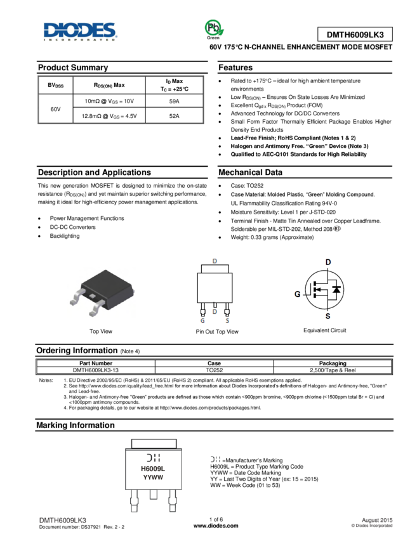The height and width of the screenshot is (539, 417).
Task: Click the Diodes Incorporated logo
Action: click(x=81, y=31)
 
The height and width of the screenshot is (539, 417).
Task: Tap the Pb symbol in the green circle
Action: click(x=215, y=27)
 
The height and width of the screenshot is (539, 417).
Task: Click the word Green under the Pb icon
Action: click(x=215, y=38)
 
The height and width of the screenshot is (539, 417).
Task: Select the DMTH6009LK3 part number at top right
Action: click(x=355, y=35)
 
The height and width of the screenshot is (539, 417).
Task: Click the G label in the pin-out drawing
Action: click(x=202, y=321)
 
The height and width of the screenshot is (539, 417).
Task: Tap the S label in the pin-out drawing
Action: click(x=227, y=321)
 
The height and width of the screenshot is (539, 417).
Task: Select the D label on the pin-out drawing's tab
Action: click(x=215, y=261)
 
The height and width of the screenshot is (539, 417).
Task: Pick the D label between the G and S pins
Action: click(x=215, y=312)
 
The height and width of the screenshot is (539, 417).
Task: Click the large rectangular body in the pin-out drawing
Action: click(x=215, y=287)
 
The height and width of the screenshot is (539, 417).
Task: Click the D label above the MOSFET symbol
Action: click(x=328, y=262)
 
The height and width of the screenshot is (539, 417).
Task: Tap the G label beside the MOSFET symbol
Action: click(x=297, y=294)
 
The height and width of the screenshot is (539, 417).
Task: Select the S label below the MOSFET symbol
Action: click(x=328, y=316)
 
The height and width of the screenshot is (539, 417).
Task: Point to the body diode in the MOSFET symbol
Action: click(x=336, y=290)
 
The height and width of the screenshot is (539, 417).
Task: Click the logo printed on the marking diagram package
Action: click(x=153, y=458)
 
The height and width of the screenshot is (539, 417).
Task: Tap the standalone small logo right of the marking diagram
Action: click(x=215, y=459)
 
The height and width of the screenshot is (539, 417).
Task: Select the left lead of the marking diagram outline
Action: click(x=134, y=503)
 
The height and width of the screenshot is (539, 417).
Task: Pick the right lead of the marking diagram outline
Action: click(x=173, y=503)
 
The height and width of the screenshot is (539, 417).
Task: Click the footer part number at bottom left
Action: click(x=63, y=521)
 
